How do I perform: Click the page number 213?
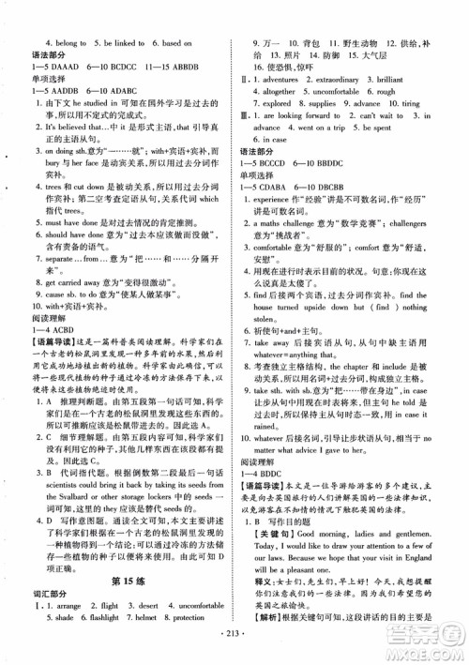[x=234, y=651]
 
